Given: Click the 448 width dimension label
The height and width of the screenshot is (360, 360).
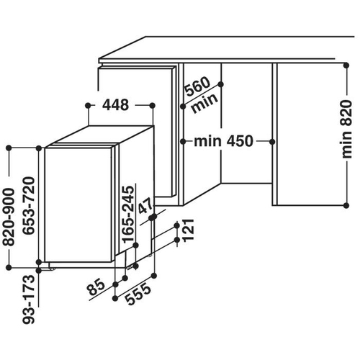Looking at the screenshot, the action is click(116, 105).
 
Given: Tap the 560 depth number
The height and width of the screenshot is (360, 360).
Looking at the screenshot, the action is click(198, 86).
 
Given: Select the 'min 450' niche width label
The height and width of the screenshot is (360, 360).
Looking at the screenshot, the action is click(223, 141).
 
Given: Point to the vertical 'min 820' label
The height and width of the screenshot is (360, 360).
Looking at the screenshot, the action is click(346, 129).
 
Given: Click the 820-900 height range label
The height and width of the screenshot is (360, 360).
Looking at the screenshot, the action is click(9, 217).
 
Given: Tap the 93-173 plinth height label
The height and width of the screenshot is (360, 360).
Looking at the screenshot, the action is click(29, 299).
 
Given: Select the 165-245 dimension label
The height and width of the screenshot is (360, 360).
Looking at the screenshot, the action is click(127, 215).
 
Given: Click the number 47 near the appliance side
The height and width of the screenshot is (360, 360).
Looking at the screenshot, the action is click(145, 206).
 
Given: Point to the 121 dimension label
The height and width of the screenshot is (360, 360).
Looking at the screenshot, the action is click(188, 230).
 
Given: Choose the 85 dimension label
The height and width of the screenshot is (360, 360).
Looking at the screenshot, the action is click(96, 287).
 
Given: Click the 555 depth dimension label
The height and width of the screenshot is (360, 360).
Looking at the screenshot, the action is click(138, 294).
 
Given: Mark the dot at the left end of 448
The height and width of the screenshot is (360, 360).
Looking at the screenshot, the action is click(88, 105).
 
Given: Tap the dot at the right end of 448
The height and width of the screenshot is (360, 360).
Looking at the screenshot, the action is click(153, 105).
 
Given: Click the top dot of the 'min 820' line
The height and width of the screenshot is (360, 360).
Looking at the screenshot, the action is click(346, 66).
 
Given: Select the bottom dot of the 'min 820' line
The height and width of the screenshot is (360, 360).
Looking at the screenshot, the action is click(346, 205).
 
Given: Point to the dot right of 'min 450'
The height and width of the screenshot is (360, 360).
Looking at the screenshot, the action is click(272, 142).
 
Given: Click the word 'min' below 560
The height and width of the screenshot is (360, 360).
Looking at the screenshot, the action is click(204, 104).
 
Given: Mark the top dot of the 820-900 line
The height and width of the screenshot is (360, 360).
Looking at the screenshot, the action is click(9, 148).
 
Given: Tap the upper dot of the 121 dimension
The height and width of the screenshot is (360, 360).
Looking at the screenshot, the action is click(177, 225).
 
